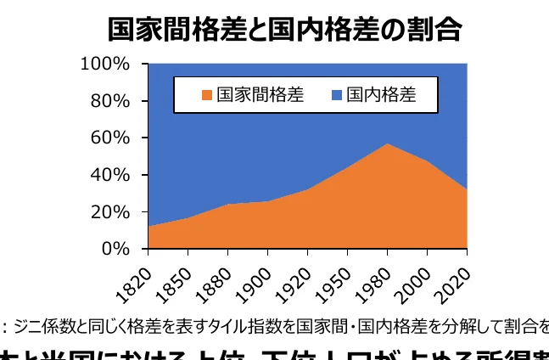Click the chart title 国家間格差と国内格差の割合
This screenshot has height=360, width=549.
(x=285, y=30)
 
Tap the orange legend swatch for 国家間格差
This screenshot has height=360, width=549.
(x=207, y=94)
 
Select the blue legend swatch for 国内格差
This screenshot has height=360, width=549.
(x=334, y=94)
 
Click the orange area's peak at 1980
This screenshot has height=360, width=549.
(x=387, y=144)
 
